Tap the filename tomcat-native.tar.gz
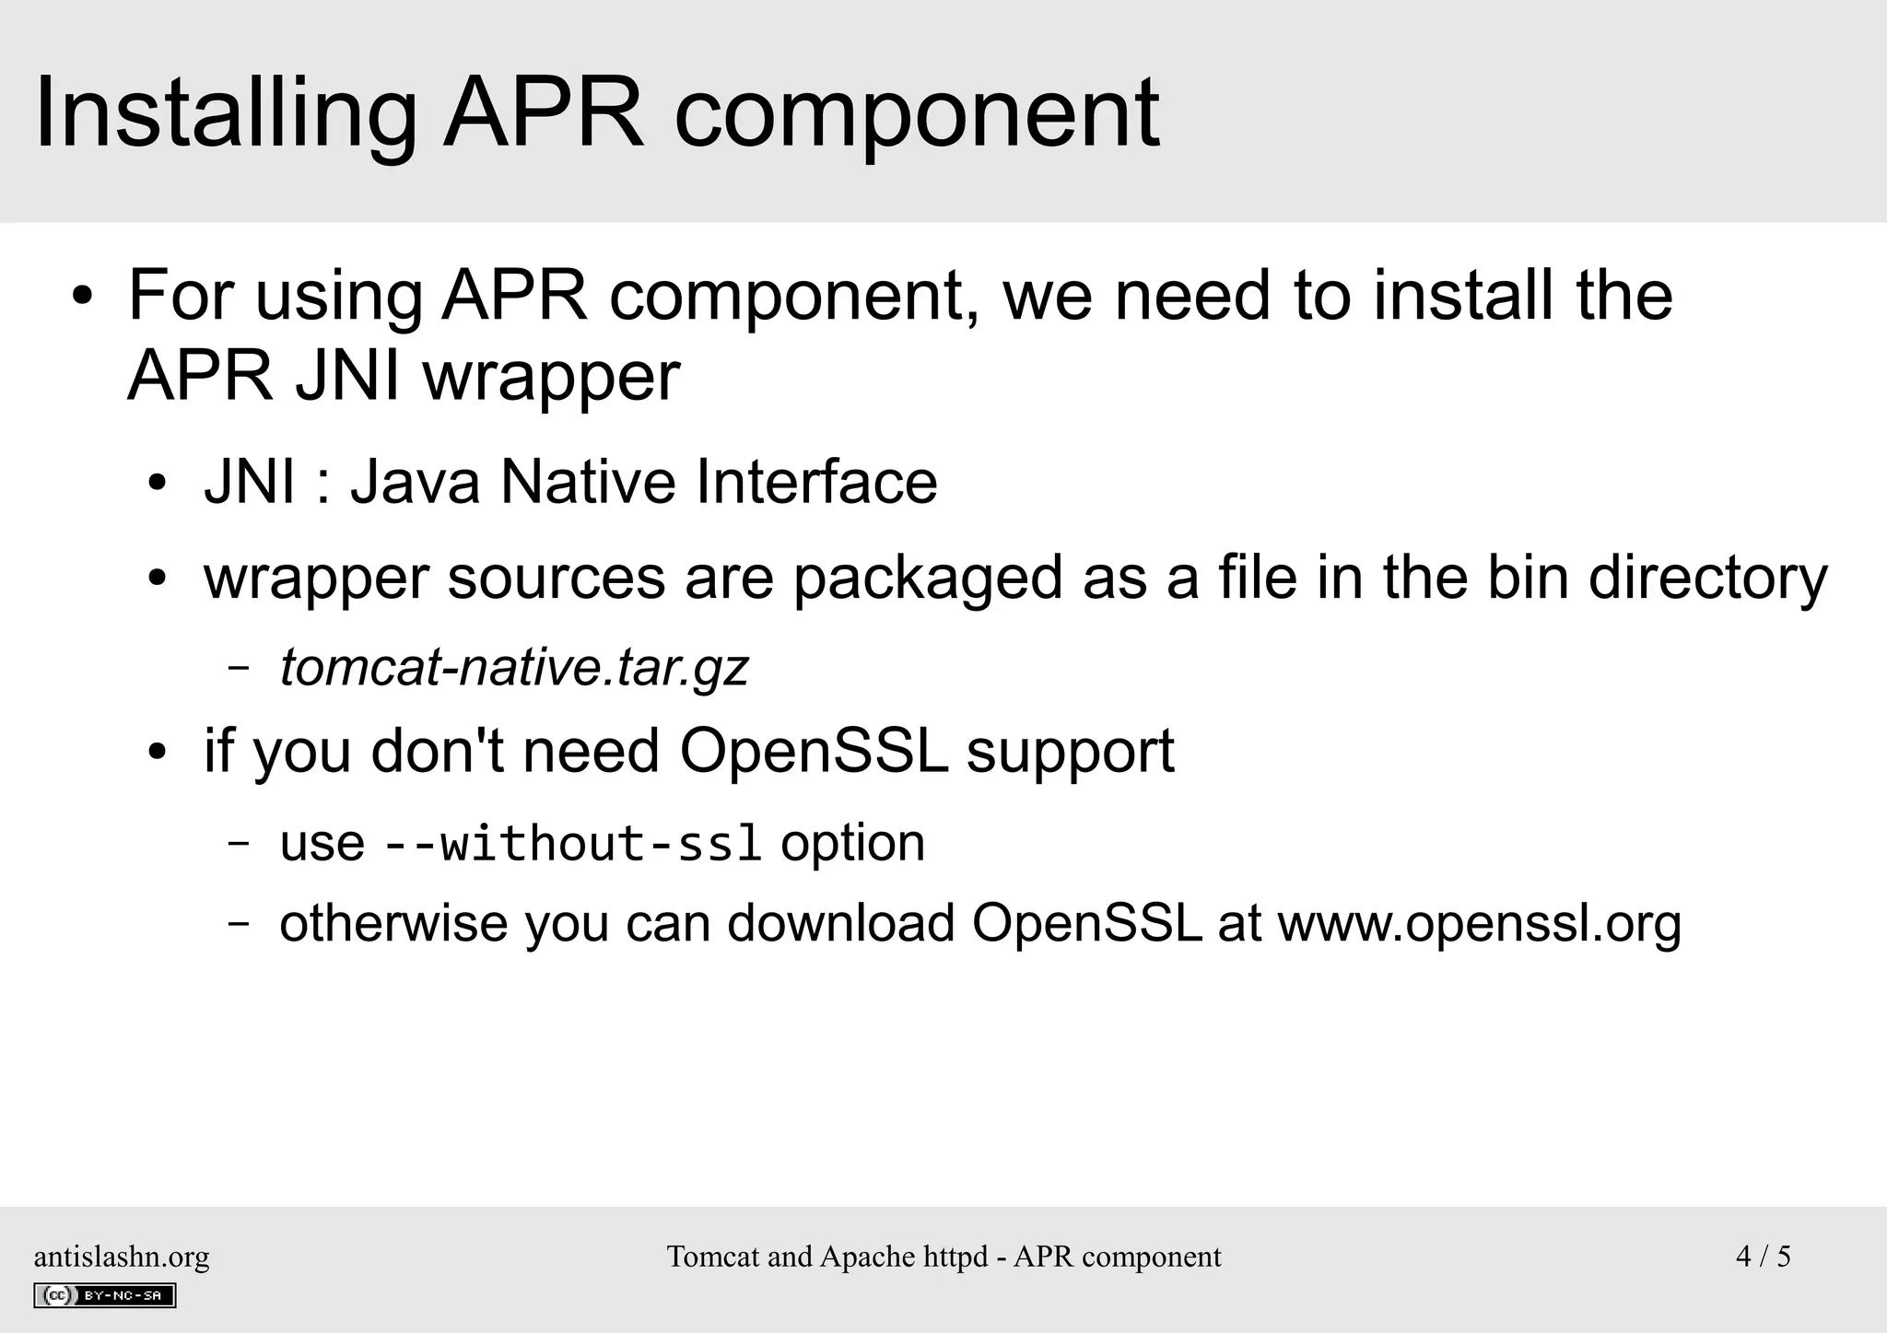[x=514, y=667]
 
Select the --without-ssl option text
[x=572, y=843]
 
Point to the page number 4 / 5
[x=1763, y=1257]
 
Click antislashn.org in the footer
[x=122, y=1257]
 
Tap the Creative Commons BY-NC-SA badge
[x=105, y=1295]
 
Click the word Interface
[x=816, y=482]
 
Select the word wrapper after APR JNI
[x=551, y=377]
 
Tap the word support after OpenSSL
[x=1070, y=750]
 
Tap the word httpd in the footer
[x=955, y=1257]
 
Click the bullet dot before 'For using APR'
[x=83, y=297]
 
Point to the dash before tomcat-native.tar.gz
[x=239, y=667]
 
